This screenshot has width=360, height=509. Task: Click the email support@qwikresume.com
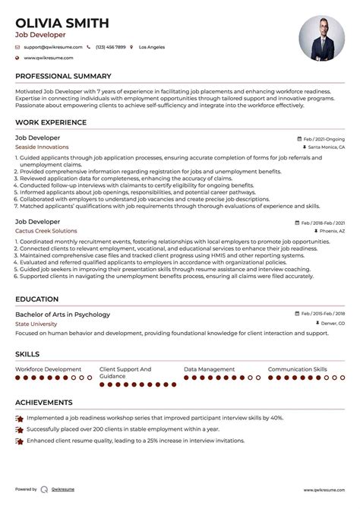click(x=50, y=47)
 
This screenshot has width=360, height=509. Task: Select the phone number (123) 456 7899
click(x=110, y=47)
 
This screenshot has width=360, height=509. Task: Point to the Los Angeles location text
click(x=151, y=47)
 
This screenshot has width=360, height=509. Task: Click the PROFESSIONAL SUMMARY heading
click(x=63, y=76)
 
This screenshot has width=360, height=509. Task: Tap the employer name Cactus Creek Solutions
click(x=46, y=230)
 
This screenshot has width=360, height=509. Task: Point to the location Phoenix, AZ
click(x=331, y=230)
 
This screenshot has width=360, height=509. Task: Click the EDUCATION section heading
click(x=37, y=299)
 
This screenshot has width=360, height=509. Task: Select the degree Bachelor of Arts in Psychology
click(x=62, y=315)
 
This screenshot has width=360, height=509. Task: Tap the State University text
click(x=36, y=324)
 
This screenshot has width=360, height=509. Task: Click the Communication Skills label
click(x=298, y=368)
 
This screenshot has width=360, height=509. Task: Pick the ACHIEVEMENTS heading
click(x=44, y=402)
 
